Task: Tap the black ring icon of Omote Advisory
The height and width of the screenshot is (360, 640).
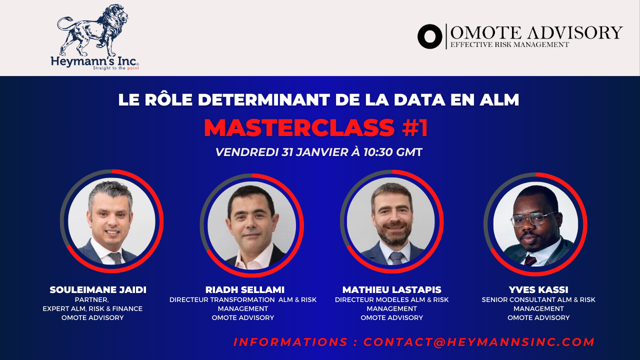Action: pos(429,36)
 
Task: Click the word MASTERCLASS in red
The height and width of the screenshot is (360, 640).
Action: pos(299,128)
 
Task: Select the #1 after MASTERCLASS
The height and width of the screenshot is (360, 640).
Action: pos(415,128)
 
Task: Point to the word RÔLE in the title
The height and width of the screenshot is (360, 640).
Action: pos(168,99)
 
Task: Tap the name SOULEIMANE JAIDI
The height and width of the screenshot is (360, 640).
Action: pos(98,289)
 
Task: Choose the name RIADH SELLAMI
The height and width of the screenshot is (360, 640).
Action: pos(245,289)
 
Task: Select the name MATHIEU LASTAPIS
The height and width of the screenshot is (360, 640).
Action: pos(391,289)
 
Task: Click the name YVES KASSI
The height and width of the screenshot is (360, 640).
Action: pos(538,289)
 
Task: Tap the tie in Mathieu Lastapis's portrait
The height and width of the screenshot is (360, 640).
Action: pos(397,258)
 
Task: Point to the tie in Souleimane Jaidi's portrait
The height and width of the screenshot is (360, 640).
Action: pos(115,258)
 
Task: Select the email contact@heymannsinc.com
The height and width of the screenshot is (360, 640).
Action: pos(479,342)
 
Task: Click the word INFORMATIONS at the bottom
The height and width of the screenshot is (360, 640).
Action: pos(290,342)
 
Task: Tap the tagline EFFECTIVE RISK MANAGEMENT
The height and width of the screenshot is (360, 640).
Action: pos(510,44)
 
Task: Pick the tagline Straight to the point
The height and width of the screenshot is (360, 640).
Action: pos(116,68)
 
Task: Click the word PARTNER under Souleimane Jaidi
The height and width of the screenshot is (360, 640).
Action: pos(91,300)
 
